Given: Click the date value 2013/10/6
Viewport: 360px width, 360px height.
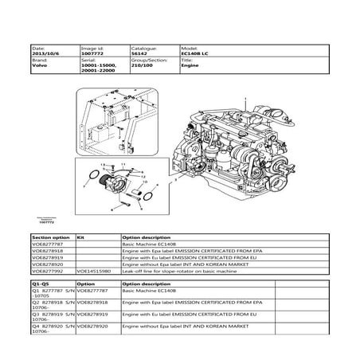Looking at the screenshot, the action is coord(44,54).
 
